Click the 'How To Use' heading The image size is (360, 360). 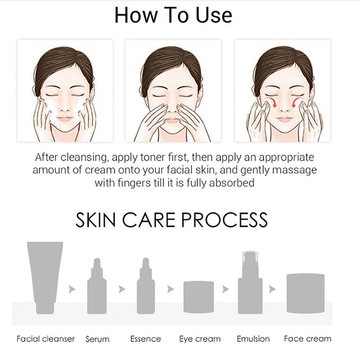click(173, 15)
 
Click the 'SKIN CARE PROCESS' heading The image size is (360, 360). click(171, 220)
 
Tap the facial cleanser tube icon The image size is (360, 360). click(45, 278)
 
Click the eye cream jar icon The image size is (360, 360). click(199, 297)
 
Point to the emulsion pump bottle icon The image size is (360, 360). click(250, 283)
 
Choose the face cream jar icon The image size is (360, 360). click(306, 293)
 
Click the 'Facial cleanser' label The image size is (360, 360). click(46, 339)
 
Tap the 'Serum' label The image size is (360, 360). click(98, 339)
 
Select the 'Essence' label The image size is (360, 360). click(145, 339)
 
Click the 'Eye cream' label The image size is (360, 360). click(200, 339)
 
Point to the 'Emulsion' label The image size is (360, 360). click(253, 339)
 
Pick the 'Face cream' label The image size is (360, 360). click(308, 339)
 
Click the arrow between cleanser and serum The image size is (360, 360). click(72, 289)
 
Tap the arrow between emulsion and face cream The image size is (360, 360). click(272, 289)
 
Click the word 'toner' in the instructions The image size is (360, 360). click(152, 157)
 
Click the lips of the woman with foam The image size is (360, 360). click(65, 119)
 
